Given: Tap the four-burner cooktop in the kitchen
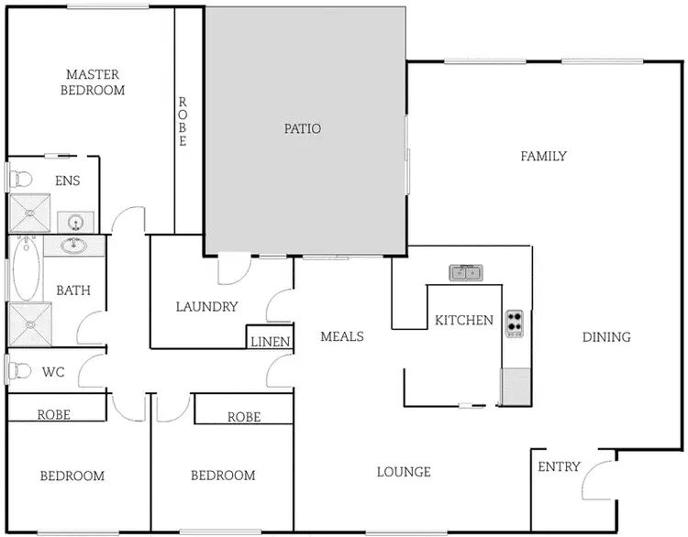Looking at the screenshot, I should point(515,323).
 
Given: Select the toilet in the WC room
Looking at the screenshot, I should point(19,372).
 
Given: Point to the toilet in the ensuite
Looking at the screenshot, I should point(19,180).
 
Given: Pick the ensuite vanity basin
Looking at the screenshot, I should point(76,221).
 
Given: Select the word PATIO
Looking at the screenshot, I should point(303,129).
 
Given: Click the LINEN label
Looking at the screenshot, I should point(270,342).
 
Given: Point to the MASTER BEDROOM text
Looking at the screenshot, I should point(93,82).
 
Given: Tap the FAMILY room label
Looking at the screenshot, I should point(543,157).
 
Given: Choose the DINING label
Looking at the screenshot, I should point(606,337).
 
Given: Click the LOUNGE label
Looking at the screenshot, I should point(404,472).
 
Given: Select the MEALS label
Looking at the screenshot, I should point(341,336).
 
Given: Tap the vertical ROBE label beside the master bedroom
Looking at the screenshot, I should point(183,122).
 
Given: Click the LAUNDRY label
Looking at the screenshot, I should point(206,307).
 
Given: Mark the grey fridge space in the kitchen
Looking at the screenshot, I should point(515,386).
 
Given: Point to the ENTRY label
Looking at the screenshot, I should point(559,466).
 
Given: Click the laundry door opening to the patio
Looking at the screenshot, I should point(233,269).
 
